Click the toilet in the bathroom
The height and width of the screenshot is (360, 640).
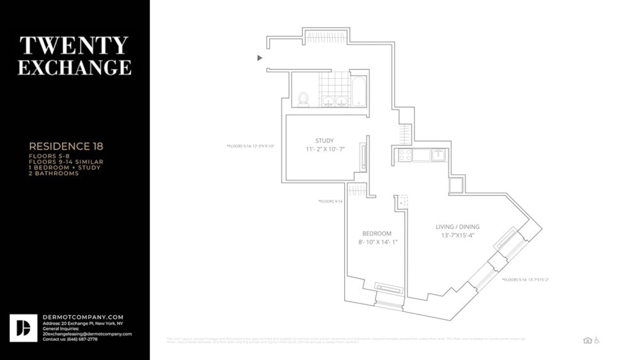pos(303,99)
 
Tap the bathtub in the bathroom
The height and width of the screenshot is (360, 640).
pos(359,92)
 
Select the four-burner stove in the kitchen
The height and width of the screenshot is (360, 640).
pos(405,155)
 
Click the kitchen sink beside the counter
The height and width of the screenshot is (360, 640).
pos(439,155)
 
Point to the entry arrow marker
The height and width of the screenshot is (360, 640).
pos(260,58)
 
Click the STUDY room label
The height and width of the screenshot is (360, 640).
pos(324,141)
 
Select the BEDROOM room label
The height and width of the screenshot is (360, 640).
pos(377,234)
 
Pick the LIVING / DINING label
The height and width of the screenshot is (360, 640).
pos(458,227)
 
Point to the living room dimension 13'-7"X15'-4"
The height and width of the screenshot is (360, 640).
pos(458,235)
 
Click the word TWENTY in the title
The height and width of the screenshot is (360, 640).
pos(74,46)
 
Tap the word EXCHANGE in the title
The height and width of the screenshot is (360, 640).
pos(74,68)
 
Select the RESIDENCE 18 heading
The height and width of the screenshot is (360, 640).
pos(66,146)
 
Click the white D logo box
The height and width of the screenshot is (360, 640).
pos(23,328)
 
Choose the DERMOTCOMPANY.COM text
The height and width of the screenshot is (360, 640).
pos(83,317)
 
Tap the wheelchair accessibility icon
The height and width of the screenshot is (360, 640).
pos(597,340)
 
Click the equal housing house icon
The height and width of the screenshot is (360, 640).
pos(587,340)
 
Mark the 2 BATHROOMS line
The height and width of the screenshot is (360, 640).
pos(54,173)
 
